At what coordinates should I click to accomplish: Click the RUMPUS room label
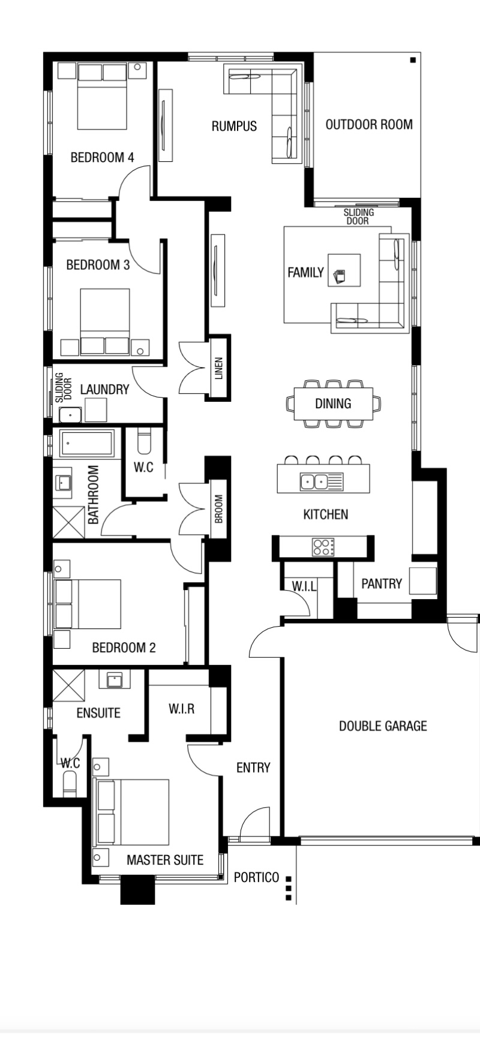coord(234,126)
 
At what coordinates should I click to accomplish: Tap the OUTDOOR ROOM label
coord(369,125)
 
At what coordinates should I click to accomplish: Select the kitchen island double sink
coord(314,481)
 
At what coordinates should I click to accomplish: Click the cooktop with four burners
coord(323,547)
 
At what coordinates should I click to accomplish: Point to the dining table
coord(333,404)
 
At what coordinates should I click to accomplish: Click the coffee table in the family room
coord(344,270)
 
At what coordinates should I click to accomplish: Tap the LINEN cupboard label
coord(218,369)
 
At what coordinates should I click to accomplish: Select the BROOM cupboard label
coord(218,509)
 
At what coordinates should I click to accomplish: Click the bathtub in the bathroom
coord(87,444)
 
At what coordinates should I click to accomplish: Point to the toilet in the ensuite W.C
coord(70,782)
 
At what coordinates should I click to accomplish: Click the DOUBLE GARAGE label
coord(383,726)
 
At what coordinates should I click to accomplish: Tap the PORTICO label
coord(256,877)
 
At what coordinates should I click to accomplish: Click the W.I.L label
coord(304,586)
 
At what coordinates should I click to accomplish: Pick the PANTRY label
coord(382,583)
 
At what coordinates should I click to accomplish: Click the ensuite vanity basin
coord(115,679)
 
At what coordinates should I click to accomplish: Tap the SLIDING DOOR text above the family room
coord(359,216)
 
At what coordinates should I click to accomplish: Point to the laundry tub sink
coord(71,414)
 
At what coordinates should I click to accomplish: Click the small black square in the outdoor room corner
coord(413,60)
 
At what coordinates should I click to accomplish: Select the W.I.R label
coord(181,709)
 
